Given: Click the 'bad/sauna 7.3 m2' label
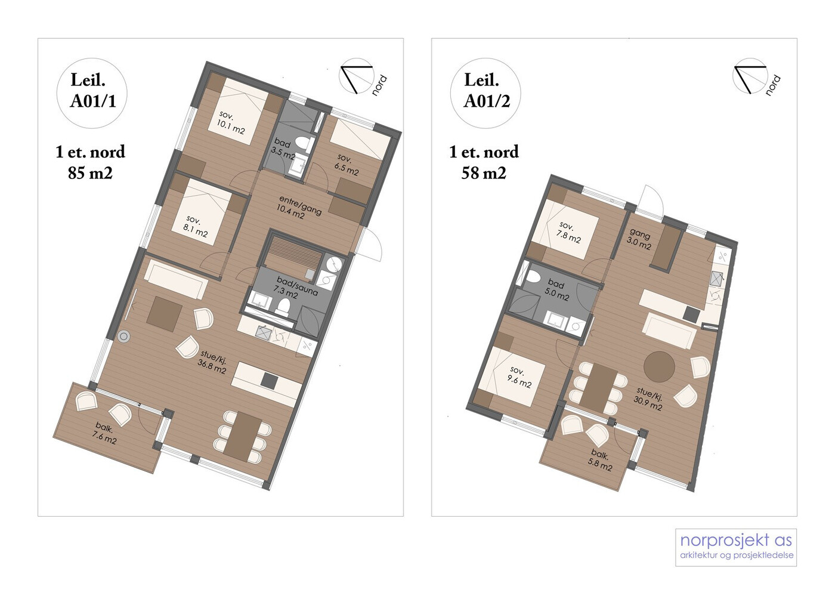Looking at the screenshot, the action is pos(297,287).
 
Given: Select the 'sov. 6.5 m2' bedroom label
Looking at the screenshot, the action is pos(347,164).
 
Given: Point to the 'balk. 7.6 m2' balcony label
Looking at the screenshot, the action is pos(105,434).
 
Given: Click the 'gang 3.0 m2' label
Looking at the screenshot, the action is pos(639,239).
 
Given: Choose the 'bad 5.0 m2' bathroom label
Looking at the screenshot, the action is pos(556,291).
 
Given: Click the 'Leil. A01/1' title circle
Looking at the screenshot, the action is pos(92,93).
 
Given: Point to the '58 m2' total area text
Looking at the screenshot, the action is pos(484,173).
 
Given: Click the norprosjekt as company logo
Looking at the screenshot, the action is pos(736,547).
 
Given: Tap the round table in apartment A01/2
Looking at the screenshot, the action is pos(659,367).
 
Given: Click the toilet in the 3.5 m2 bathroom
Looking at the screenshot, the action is pos(305,144).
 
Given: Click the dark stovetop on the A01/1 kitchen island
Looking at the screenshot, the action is pos(270,380).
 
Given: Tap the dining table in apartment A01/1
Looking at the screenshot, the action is pos(243,437).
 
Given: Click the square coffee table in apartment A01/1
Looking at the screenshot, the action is pos(165,314).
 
